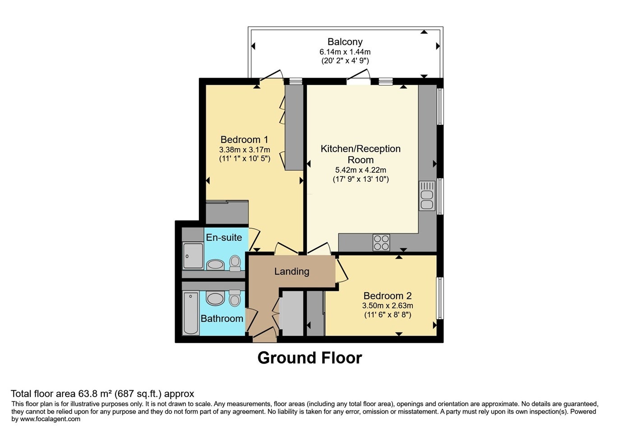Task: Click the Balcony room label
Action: point(345,42)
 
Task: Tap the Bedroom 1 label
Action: point(244,139)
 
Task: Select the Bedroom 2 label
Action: point(388,296)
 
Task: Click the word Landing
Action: point(291,272)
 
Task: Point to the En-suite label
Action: point(224,237)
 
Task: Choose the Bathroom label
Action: point(222,318)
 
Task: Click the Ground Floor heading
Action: point(309,358)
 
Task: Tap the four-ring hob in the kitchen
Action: point(381,243)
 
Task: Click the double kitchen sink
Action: point(427,196)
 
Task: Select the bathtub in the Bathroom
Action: point(191,313)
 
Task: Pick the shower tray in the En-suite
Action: point(193,256)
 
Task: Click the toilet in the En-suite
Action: point(235,263)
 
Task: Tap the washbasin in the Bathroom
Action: point(216,299)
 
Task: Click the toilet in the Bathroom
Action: point(235,298)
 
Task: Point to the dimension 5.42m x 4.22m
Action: point(360,170)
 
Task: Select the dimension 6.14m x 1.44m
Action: point(345,52)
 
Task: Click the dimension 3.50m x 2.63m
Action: point(388,306)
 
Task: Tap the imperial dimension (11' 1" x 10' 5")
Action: point(245,159)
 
